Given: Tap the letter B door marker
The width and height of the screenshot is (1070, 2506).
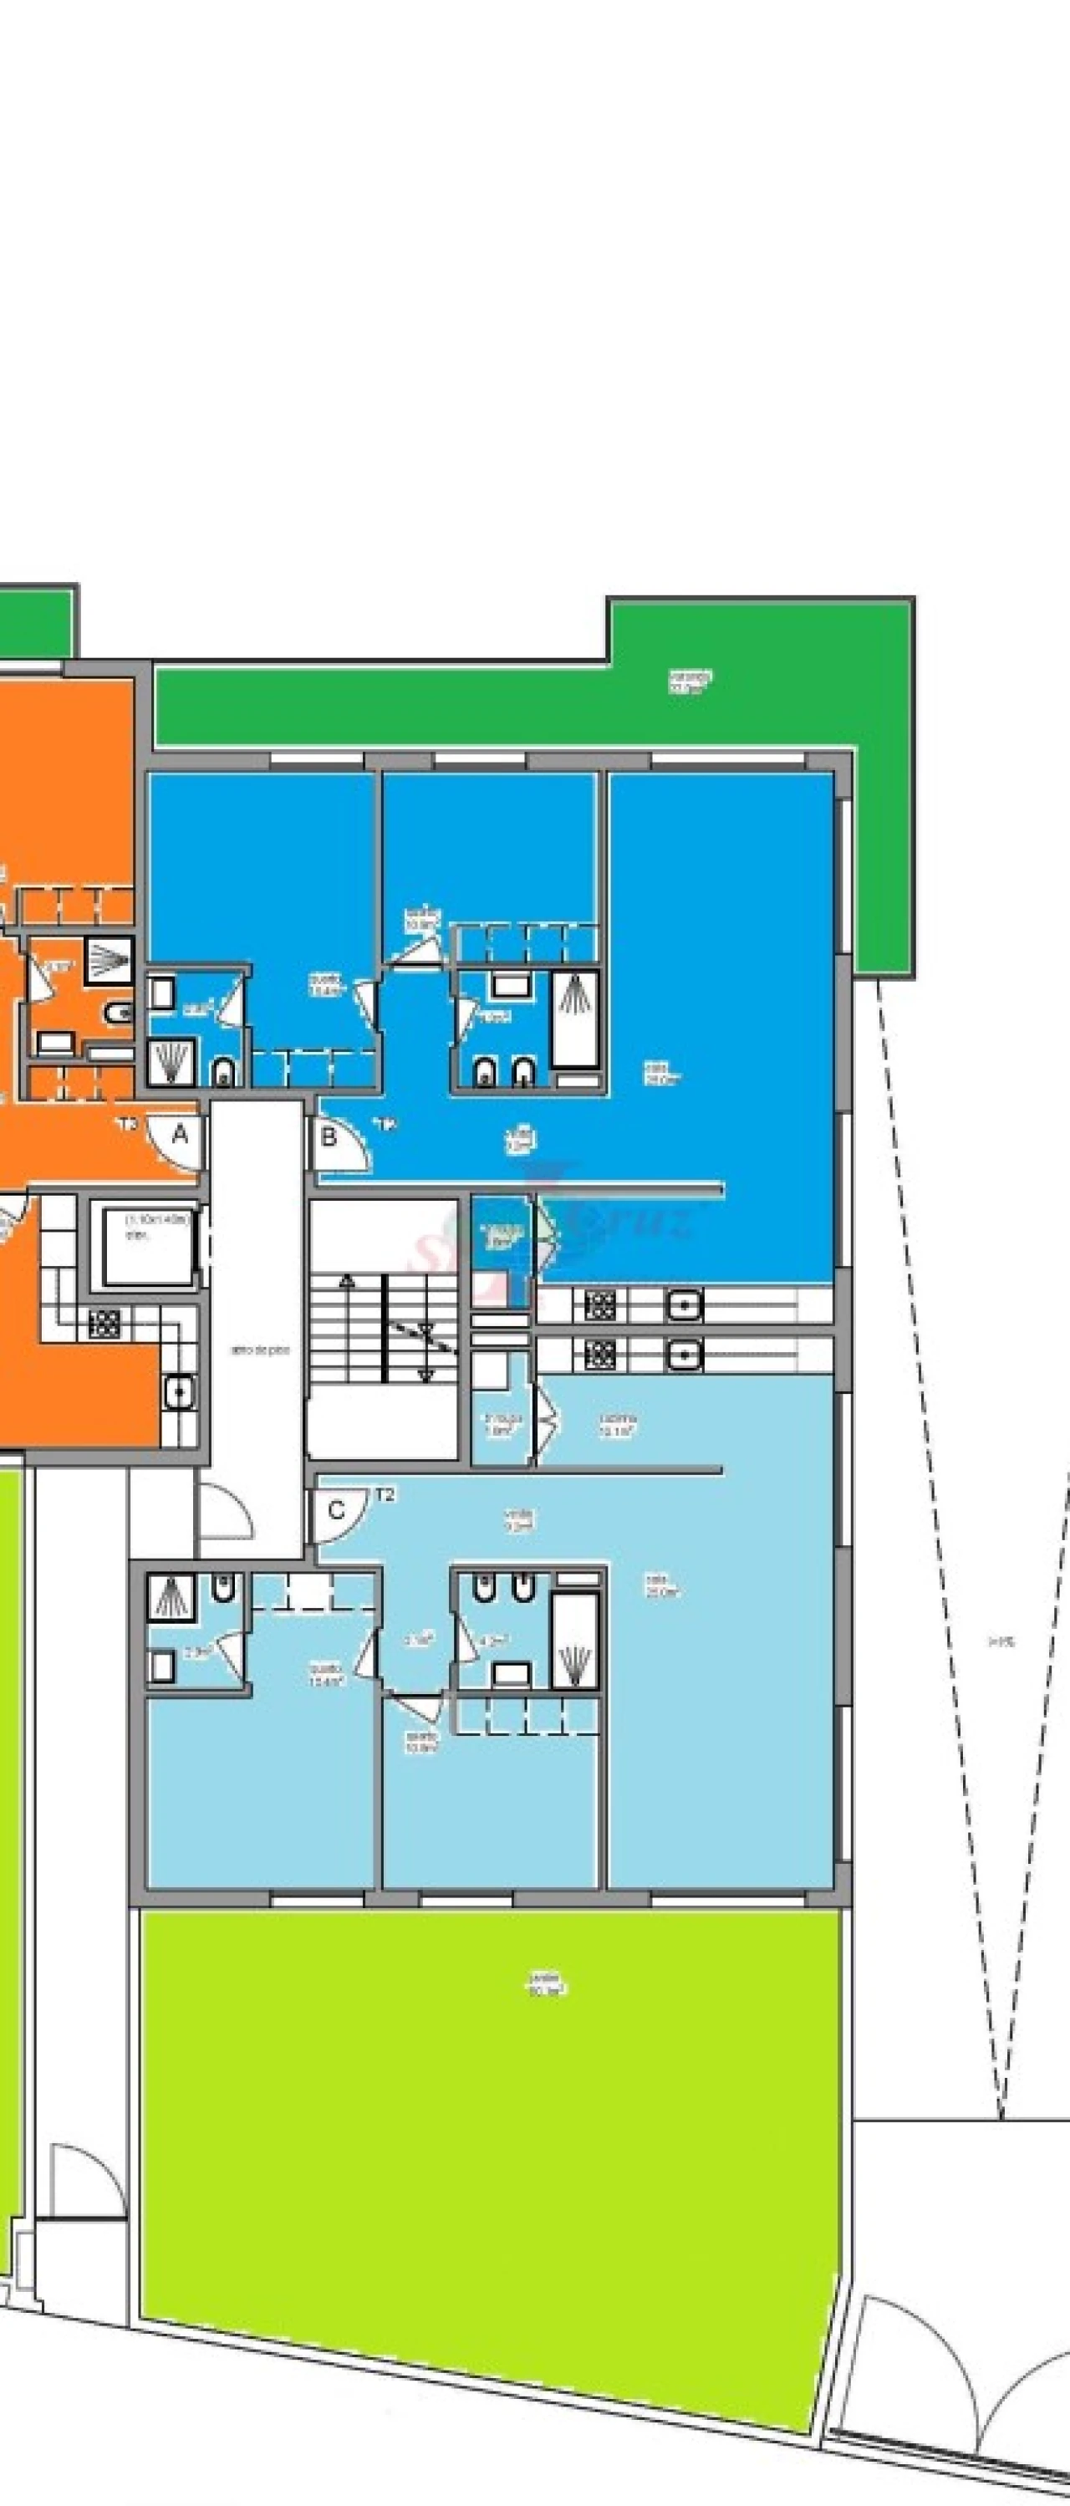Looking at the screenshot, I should pos(328,1136).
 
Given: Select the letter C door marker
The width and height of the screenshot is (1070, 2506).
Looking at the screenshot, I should pos(335,1510).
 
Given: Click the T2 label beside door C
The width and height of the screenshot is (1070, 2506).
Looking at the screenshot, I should pos(385,1495).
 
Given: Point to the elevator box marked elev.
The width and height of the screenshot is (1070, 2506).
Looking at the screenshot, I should pos(147,1246).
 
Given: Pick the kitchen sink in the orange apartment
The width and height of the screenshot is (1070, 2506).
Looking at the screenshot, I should pos(178,1394).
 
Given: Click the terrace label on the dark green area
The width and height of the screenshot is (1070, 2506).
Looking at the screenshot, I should pos(690,680).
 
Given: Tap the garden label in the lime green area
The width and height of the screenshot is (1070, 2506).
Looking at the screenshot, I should pos(547,1983).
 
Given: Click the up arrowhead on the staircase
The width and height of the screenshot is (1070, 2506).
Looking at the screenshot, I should pos(425,1374).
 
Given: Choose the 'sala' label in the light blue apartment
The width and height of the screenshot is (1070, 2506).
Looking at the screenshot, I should pos(661,1589).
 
